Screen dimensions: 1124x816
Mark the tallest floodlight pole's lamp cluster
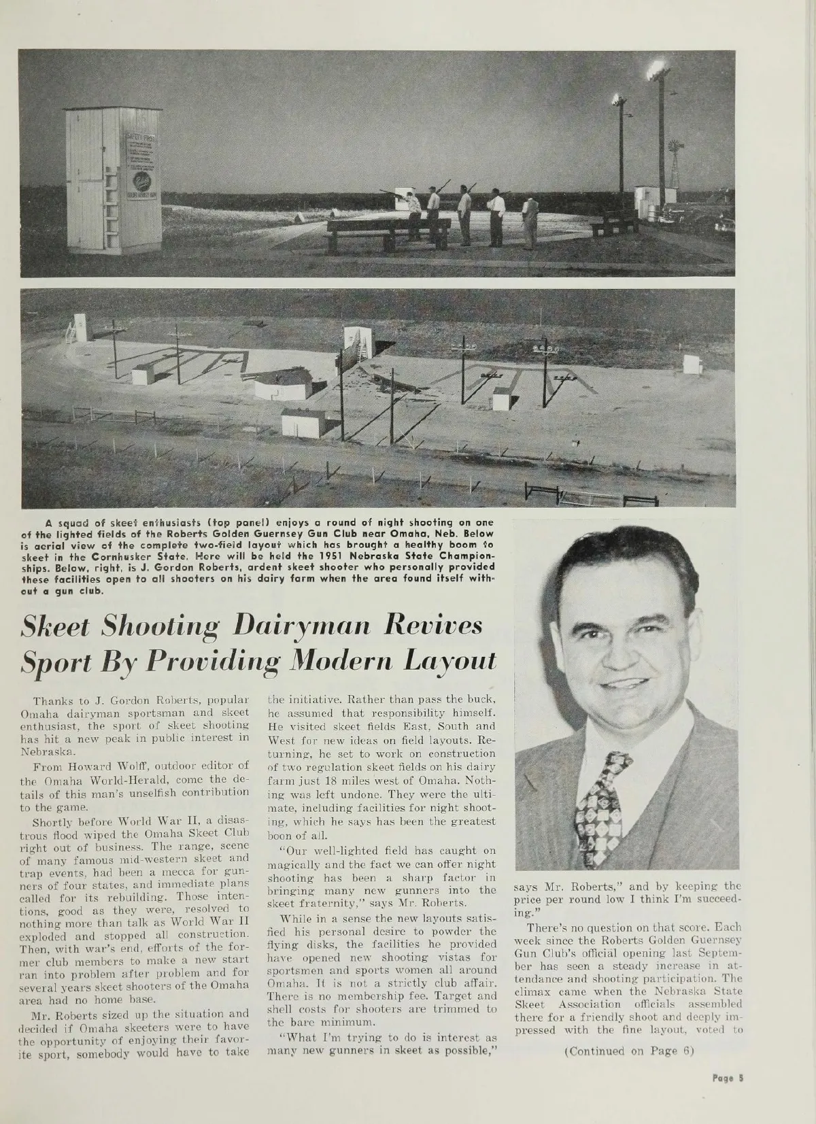click(657, 69)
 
